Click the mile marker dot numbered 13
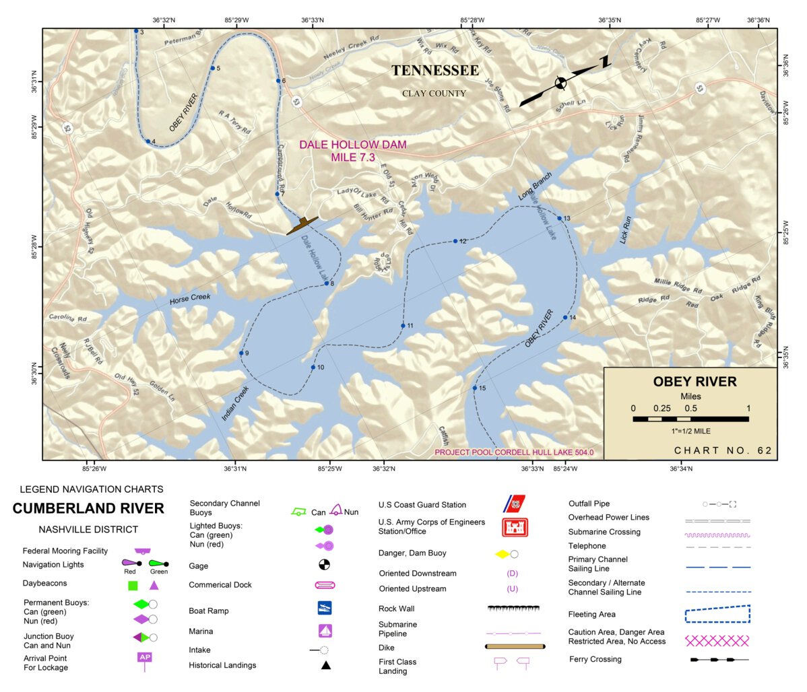point(559,218)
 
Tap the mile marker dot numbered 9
point(241,353)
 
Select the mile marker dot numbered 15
point(474,388)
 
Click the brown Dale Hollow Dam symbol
point(302,226)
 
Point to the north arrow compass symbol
point(560,83)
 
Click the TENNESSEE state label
point(435,71)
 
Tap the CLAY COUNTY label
point(434,94)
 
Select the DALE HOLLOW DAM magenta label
point(353,151)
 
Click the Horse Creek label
point(190,298)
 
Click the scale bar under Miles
point(690,419)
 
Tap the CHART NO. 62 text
point(723,451)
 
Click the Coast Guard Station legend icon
point(515,504)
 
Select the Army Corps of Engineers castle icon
point(515,527)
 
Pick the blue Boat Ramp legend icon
point(325,608)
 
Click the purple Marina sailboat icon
point(325,631)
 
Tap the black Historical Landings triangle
point(325,665)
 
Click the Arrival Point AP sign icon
point(144,659)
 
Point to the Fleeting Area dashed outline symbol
point(717,614)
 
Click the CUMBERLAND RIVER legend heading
point(88,509)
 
